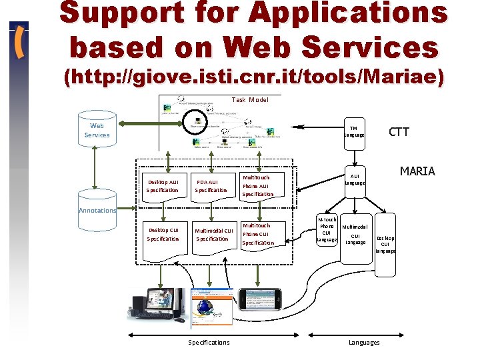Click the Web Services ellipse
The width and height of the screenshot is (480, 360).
(97, 130)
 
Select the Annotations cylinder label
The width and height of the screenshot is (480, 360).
(97, 210)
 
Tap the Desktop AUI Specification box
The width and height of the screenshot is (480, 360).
(163, 186)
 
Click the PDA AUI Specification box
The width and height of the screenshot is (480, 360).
(211, 186)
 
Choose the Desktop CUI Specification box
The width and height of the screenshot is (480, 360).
(163, 235)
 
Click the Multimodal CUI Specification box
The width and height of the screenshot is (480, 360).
(213, 235)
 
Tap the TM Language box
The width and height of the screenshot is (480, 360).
(354, 131)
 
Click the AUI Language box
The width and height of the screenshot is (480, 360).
(355, 179)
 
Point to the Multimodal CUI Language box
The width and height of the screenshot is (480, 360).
(355, 235)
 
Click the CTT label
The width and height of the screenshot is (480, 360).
(399, 132)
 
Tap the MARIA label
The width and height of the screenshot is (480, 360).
(417, 171)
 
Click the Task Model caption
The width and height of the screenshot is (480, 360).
(250, 100)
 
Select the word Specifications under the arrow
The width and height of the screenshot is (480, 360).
(209, 342)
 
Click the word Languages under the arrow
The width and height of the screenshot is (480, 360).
(364, 342)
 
